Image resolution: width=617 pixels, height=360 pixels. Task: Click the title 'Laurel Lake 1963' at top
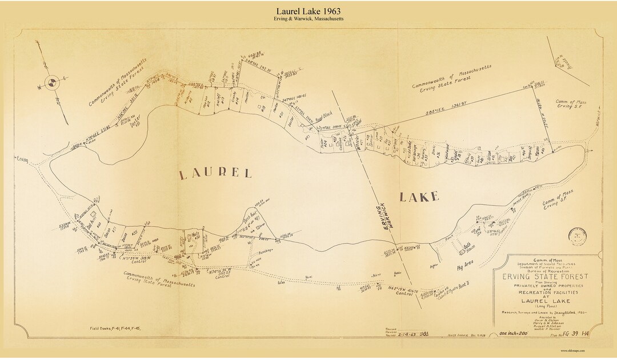[308, 11]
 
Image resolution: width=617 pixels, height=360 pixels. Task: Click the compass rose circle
[51, 83]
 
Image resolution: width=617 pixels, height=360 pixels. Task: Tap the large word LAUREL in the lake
[215, 174]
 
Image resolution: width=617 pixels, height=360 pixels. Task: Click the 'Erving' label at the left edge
[23, 158]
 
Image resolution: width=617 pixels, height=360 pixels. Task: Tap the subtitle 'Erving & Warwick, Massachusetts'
[308, 19]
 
